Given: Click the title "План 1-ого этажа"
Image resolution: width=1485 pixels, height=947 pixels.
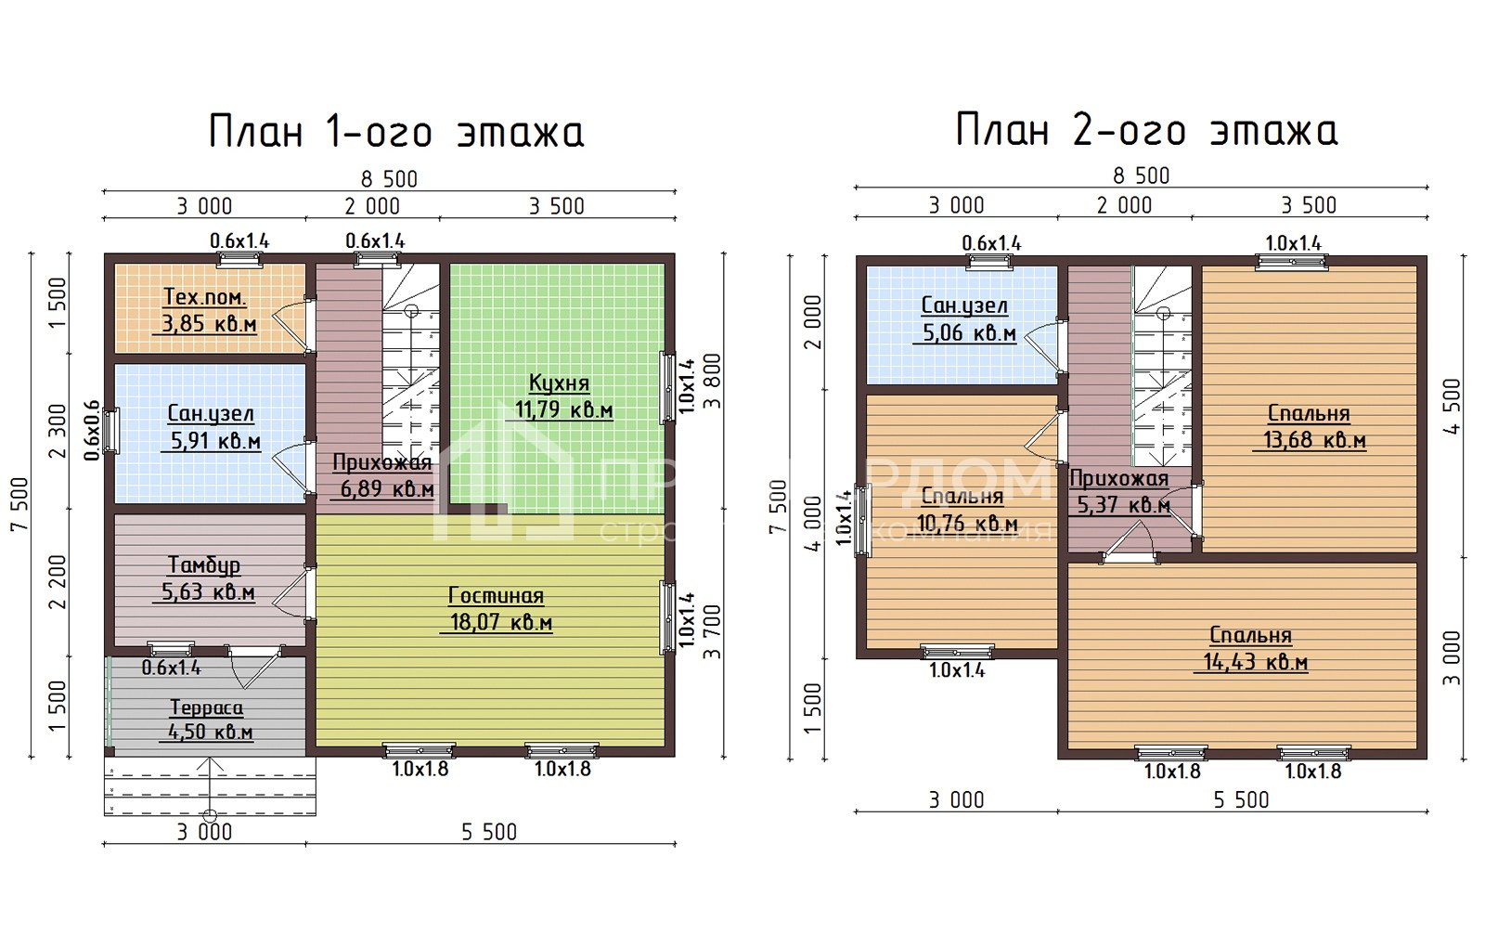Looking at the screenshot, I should tap(396, 132).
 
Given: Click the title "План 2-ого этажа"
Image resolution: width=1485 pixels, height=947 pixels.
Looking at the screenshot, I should tap(1146, 130).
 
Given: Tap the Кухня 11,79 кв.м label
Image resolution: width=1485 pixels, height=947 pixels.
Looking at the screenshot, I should tap(559, 396).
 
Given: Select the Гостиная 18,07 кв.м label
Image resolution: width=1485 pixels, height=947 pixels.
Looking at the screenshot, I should tap(496, 609).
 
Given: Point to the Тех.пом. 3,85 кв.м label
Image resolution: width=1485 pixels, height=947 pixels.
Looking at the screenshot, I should tap(205, 311).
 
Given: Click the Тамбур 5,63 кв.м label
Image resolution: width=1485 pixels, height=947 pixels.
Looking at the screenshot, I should tap(205, 578).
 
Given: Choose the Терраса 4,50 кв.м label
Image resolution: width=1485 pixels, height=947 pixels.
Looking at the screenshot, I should tap(207, 720).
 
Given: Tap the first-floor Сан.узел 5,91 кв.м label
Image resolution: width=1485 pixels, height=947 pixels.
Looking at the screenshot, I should tap(211, 428).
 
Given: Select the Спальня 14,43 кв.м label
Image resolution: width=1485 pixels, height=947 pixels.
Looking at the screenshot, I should tap(1251, 649).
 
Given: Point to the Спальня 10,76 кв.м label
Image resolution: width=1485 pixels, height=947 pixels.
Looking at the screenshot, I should tap(963, 510).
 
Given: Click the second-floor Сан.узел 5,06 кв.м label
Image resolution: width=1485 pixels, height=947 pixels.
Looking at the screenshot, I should tap(965, 319).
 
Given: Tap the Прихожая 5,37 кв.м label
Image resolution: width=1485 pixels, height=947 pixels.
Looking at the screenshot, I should tap(1119, 492).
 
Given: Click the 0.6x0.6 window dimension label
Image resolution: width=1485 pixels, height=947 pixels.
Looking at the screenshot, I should tap(92, 430).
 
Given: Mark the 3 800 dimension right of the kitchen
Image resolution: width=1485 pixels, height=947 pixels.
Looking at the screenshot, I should tap(712, 381).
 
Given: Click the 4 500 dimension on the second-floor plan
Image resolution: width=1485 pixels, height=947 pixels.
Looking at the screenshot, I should tap(1453, 406).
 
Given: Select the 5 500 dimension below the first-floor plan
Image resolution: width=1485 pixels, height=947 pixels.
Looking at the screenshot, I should tap(489, 832).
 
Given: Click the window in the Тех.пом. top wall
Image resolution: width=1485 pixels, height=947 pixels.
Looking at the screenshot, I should tap(239, 259).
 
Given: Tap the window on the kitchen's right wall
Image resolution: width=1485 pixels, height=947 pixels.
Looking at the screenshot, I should tap(667, 386).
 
